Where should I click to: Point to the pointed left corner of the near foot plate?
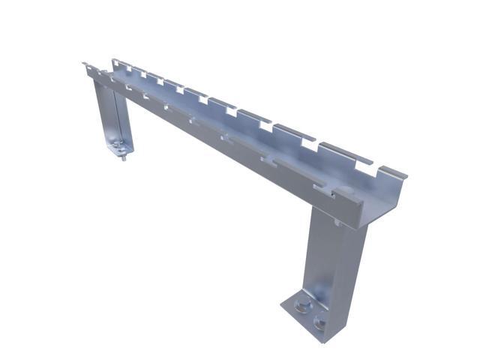click(283, 304)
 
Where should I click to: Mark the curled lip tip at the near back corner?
click(403, 176)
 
